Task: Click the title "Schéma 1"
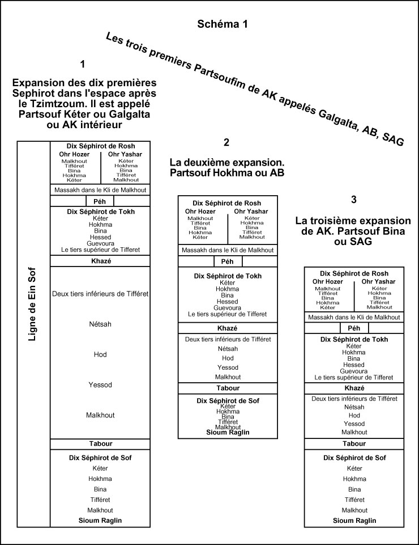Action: click(x=222, y=24)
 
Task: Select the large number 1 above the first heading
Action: click(x=83, y=64)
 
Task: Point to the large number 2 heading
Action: click(x=226, y=142)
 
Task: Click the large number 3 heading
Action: click(x=354, y=199)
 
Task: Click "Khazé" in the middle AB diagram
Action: click(x=227, y=328)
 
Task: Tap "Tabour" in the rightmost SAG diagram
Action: click(x=354, y=443)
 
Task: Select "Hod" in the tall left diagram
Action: click(x=100, y=354)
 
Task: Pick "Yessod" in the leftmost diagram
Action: click(x=100, y=385)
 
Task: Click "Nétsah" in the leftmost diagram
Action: click(x=100, y=324)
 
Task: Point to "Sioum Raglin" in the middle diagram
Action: click(x=227, y=432)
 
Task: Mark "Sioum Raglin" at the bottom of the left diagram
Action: click(x=100, y=520)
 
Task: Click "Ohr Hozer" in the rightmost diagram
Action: click(x=328, y=281)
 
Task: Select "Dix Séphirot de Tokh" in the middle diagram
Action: click(x=227, y=276)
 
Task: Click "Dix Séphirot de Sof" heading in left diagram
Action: click(x=100, y=457)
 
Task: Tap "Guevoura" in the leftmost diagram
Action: click(x=100, y=243)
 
